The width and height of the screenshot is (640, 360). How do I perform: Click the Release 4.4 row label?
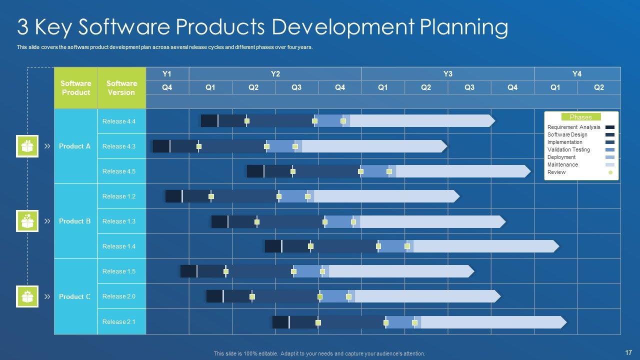[x=119, y=121]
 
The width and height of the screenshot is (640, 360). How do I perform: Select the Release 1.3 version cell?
[x=119, y=221]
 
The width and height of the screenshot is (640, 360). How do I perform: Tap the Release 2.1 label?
[x=119, y=322]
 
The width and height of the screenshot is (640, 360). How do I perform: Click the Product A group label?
[x=74, y=146]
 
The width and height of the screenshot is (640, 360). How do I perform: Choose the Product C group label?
[x=74, y=296]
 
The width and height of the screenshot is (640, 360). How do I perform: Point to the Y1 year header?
[x=167, y=74]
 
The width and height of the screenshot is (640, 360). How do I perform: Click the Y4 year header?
[x=577, y=74]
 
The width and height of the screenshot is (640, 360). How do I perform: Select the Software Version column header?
[x=121, y=88]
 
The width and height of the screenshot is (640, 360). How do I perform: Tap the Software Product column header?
[x=75, y=88]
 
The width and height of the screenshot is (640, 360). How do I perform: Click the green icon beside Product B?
[x=27, y=221]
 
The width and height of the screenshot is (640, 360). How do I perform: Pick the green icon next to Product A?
[x=27, y=146]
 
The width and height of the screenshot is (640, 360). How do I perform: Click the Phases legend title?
[x=580, y=117]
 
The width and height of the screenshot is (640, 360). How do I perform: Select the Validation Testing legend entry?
[x=568, y=149]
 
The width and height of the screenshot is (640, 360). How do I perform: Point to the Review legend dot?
[x=610, y=172]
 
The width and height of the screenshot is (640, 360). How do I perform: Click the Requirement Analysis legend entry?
[x=573, y=127]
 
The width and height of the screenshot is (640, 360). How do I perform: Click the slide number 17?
[x=628, y=352]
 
